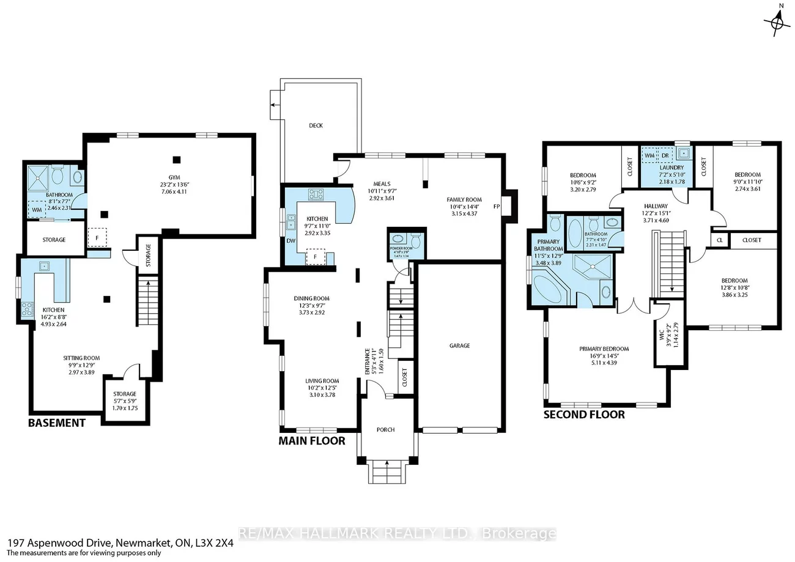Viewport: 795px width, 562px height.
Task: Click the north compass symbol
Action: [x=777, y=23]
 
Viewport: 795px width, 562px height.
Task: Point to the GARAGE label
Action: [x=459, y=346]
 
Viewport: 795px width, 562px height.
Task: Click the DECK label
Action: [x=316, y=125]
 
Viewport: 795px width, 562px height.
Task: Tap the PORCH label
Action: [x=386, y=429]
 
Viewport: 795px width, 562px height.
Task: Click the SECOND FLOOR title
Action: [x=584, y=415]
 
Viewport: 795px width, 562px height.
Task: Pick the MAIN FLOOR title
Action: [x=312, y=440]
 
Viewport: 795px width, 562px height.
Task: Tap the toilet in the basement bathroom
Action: [x=58, y=176]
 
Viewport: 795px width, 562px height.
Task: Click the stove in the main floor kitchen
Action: [x=316, y=195]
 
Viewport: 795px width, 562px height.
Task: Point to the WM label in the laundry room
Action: [x=649, y=155]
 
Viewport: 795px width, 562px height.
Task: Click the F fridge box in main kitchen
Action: [x=316, y=257]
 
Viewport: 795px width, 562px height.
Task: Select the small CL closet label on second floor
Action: [x=719, y=240]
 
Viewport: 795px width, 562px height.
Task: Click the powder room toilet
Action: [x=416, y=237]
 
